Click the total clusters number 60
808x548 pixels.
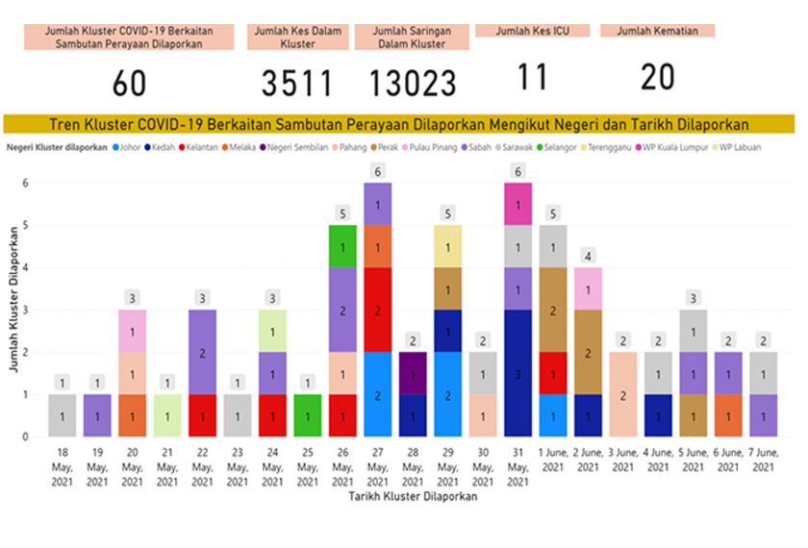click(129, 84)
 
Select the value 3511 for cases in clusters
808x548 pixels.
click(297, 84)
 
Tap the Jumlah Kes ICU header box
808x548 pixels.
click(532, 30)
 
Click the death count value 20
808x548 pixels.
click(657, 77)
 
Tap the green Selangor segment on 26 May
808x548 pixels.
click(343, 246)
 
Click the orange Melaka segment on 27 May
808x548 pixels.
click(378, 246)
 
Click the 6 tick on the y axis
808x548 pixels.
click(27, 183)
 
